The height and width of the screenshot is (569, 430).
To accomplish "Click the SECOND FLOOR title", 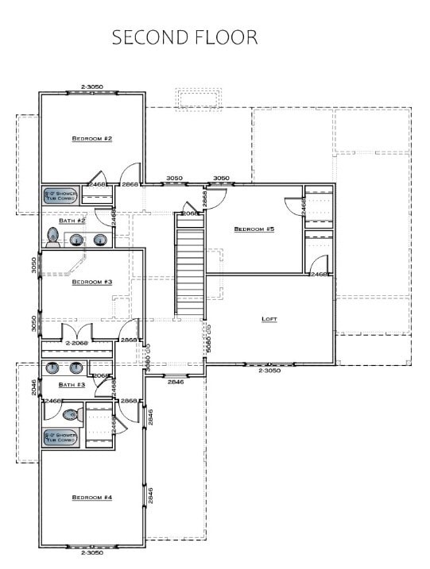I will pyautogui.click(x=184, y=37).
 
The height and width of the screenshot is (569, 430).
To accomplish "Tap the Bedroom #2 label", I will pyautogui.click(x=92, y=139).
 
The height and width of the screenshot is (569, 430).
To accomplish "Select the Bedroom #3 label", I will pyautogui.click(x=92, y=282).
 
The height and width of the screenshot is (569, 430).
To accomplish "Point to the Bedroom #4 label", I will pyautogui.click(x=92, y=498).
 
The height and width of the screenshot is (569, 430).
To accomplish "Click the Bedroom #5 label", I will pyautogui.click(x=254, y=229).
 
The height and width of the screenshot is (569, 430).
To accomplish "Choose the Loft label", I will pyautogui.click(x=269, y=319).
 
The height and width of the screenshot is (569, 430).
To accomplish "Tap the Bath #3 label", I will pyautogui.click(x=72, y=385).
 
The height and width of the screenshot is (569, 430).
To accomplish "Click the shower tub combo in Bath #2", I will pyautogui.click(x=60, y=195).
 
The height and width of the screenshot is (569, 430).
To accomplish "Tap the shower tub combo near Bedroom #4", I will pyautogui.click(x=60, y=438).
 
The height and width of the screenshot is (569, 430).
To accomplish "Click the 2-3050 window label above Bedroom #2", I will pyautogui.click(x=92, y=86).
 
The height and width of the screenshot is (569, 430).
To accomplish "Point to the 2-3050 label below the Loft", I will pyautogui.click(x=269, y=371).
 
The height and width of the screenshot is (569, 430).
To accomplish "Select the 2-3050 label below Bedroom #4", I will pyautogui.click(x=92, y=553).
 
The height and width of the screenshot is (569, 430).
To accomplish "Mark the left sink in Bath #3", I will pyautogui.click(x=54, y=367).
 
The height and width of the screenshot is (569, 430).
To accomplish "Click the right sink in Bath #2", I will pyautogui.click(x=99, y=239).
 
